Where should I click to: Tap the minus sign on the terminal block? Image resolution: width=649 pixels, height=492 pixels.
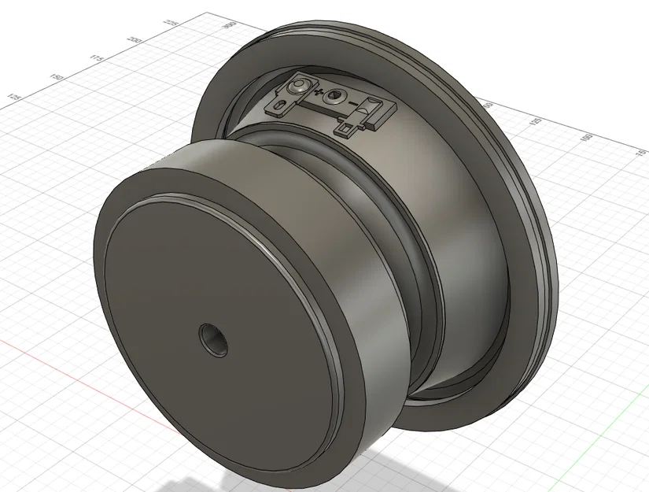pos(353,104)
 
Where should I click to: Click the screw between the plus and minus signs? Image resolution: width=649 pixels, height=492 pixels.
pos(336,96)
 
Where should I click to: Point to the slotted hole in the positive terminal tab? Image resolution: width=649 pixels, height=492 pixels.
pos(280,102)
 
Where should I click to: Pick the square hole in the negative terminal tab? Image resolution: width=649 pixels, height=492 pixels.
pos(345,125)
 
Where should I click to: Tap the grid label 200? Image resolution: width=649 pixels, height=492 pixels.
pos(135,40)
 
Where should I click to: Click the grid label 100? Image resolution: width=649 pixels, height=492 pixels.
pos(584,137)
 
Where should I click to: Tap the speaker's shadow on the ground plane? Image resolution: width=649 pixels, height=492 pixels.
pos(441,464)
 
